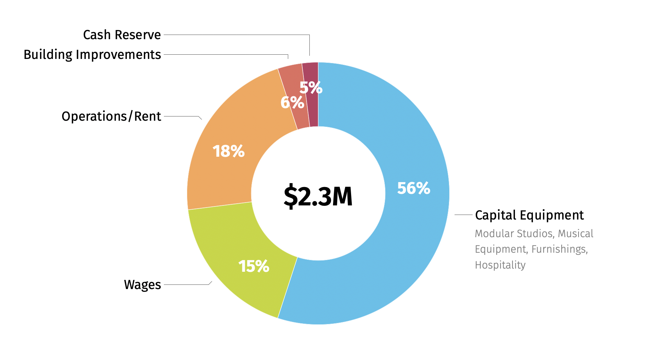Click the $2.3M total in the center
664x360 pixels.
coord(318,196)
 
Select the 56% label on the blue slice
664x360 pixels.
coord(414,188)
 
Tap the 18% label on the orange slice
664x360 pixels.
coord(229,151)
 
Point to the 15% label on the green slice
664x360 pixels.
coord(254,266)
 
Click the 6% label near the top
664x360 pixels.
coord(292,103)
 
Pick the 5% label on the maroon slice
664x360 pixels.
coord(311,88)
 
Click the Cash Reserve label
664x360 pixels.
coord(122,35)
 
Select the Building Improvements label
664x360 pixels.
coord(92,55)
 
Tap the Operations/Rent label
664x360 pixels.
coord(111,116)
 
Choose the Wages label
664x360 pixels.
coord(142,284)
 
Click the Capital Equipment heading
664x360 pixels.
coord(529,215)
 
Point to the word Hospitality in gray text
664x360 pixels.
coord(500,265)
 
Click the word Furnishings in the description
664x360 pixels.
coord(559,249)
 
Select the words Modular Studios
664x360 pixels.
coord(514,234)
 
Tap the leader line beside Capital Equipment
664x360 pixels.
coord(463,215)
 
